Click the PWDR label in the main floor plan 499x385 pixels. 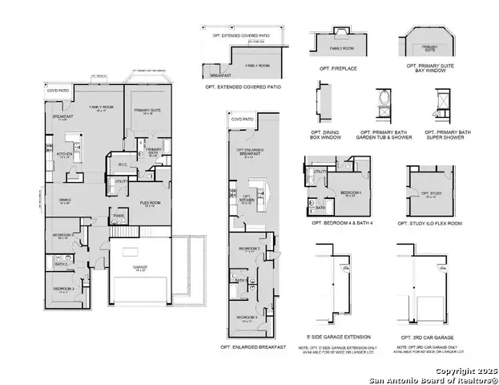118,215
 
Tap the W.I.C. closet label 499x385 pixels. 121,165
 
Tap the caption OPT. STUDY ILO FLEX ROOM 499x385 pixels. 433,222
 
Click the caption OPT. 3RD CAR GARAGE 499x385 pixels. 433,338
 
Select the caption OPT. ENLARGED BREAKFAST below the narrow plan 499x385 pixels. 253,346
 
